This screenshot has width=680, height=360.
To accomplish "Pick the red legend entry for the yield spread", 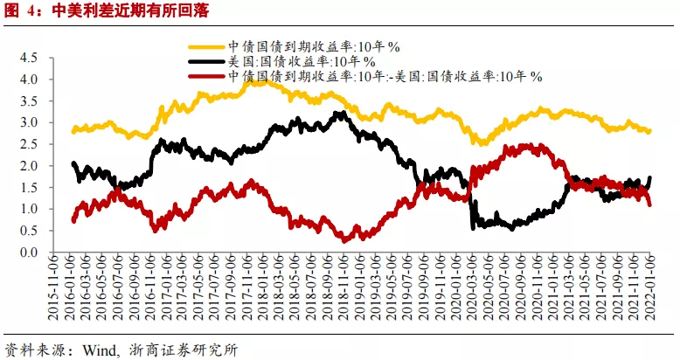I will pyautogui.click(x=384, y=76).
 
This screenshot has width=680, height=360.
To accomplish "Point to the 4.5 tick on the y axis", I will pyautogui.click(x=29, y=58).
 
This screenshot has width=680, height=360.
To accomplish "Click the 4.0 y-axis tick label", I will pyautogui.click(x=29, y=80).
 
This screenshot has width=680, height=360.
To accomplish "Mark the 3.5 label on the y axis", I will pyautogui.click(x=29, y=101).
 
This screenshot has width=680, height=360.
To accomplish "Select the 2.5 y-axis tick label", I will pyautogui.click(x=29, y=144).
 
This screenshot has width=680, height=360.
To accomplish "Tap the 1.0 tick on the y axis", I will pyautogui.click(x=29, y=210).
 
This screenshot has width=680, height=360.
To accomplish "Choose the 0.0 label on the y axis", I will pyautogui.click(x=29, y=253).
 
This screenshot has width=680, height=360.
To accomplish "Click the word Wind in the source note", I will pyautogui.click(x=100, y=350).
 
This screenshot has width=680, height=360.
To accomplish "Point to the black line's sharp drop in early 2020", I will pyautogui.click(x=472, y=205).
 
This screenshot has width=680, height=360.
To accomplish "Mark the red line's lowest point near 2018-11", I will pyautogui.click(x=346, y=239).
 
